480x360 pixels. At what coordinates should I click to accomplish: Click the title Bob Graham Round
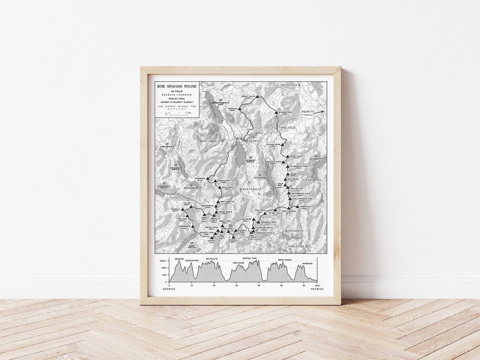(177, 86)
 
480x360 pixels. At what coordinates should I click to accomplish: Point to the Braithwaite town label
(210, 141)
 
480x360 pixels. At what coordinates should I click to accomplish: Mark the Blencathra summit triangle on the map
(276, 112)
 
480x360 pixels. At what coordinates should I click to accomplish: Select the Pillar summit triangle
(191, 207)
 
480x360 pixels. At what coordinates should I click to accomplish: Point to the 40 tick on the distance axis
(259, 286)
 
